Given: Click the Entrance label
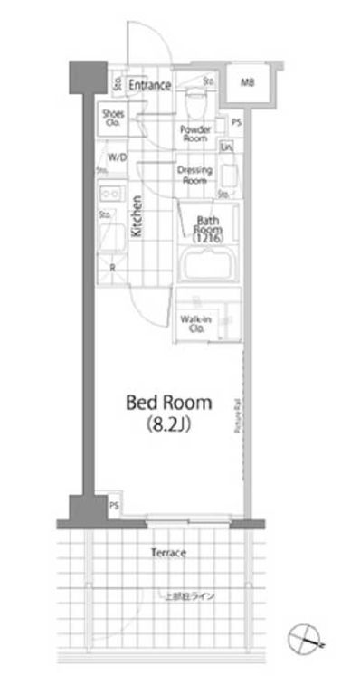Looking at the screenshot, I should click(x=149, y=85).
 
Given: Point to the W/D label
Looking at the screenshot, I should click(x=117, y=157).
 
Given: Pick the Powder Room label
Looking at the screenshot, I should click(x=195, y=134).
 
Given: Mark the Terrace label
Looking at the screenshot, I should click(x=167, y=552).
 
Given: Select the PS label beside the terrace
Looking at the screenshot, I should click(x=115, y=506).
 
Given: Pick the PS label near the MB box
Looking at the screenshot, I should click(x=236, y=123).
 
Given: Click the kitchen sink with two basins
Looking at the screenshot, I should click(x=110, y=194).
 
